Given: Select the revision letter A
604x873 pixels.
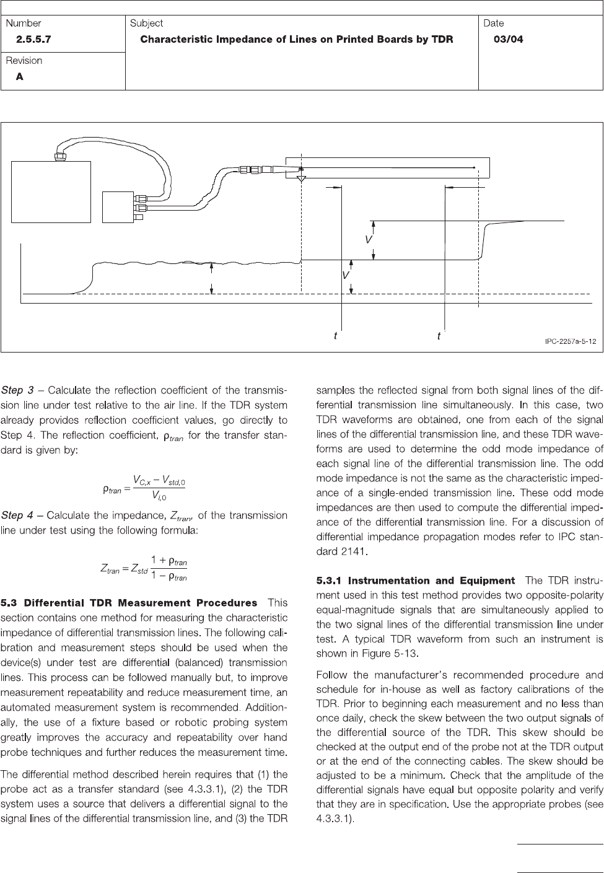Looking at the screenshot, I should point(19,77).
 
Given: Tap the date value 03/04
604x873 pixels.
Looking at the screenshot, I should point(508,39).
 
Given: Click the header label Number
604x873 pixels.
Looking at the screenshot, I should point(24,23).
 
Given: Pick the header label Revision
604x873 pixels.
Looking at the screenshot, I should point(24,61).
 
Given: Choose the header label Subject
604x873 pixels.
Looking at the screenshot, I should point(146,23).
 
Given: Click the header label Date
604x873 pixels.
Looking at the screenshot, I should point(494,23).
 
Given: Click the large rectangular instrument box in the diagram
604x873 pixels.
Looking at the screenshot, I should point(52,191).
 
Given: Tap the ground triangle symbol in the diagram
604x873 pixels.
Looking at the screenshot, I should point(301,179).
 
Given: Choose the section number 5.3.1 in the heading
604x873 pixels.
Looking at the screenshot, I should point(330,581).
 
